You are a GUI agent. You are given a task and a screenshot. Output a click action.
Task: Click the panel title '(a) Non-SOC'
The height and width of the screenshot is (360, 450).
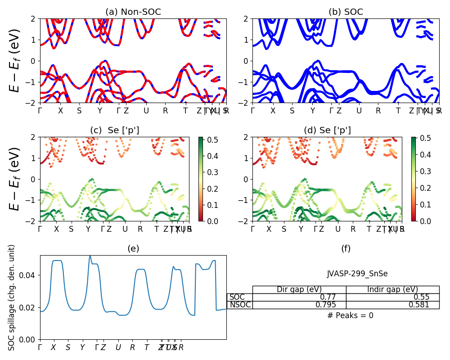[133, 12]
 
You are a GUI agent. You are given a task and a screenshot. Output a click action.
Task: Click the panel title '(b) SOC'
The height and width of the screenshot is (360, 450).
[346, 12]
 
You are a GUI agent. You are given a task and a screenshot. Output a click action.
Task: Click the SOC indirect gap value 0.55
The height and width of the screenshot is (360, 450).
[421, 297]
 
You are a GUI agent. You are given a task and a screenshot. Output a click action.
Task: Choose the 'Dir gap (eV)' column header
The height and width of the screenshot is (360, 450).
[299, 289]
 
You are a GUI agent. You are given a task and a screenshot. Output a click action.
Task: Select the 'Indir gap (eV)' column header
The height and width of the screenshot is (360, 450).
[392, 289]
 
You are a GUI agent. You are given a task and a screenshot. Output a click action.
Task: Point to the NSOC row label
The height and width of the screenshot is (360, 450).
[240, 305]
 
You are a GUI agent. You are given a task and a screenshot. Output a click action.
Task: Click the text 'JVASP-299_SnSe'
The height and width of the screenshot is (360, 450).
[357, 274]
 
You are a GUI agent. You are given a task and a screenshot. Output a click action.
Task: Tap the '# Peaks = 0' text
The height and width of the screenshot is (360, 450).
[350, 315]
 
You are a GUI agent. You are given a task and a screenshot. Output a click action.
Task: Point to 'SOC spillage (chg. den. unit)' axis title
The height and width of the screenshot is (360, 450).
[12, 297]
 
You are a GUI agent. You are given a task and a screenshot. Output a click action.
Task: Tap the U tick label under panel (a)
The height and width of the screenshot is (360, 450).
[146, 110]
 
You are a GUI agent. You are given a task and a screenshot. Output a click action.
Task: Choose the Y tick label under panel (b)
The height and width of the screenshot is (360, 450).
[313, 110]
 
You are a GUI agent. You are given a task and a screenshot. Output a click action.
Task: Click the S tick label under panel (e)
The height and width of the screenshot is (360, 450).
[68, 347]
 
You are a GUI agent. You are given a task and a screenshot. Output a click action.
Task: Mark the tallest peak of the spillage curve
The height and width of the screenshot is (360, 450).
[90, 256]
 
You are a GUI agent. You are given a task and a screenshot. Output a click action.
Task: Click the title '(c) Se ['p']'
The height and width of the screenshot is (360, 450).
[115, 130]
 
